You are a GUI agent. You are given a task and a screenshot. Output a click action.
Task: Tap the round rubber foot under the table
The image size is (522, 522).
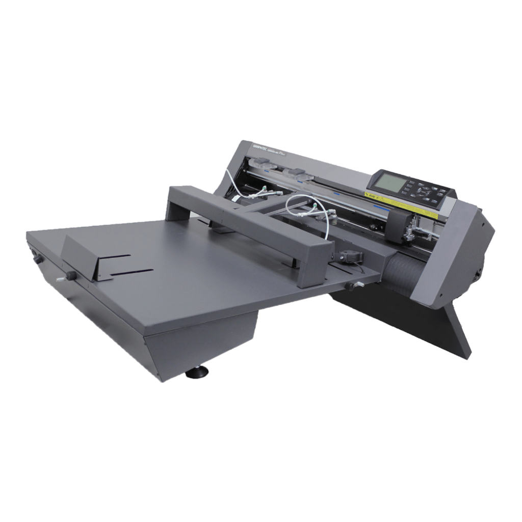195,374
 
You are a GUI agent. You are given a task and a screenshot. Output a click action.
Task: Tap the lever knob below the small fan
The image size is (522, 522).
351,285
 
